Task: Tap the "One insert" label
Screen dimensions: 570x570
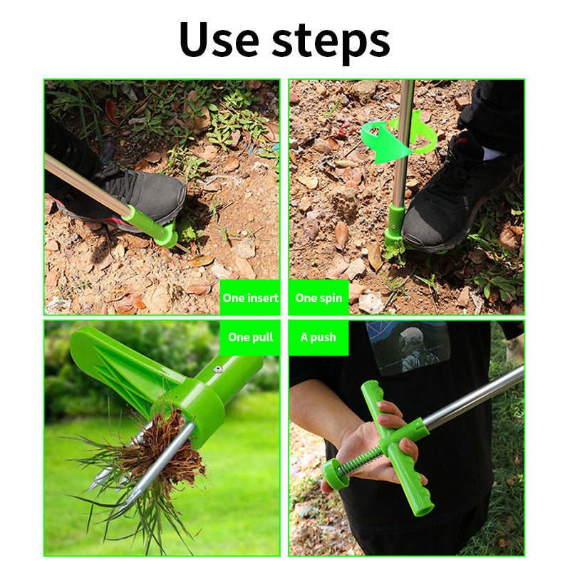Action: tap(250, 298)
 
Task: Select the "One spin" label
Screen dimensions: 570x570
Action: tap(318, 298)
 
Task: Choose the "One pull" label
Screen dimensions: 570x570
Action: tap(250, 337)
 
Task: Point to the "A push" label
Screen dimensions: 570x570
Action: tap(318, 337)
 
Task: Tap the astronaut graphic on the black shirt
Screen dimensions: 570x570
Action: tap(408, 348)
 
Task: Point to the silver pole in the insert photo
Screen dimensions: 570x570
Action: tap(85, 185)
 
